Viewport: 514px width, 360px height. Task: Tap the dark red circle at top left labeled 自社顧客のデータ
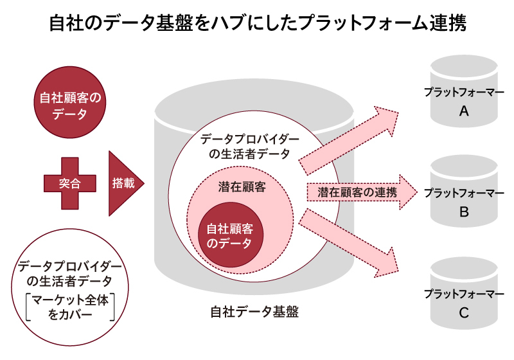click(x=70, y=105)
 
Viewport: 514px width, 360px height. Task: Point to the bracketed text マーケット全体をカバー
click(x=70, y=307)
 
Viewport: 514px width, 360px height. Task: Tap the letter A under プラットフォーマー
click(x=464, y=111)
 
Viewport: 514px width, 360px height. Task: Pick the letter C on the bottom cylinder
click(x=464, y=313)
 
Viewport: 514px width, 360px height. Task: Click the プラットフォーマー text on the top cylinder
click(x=464, y=92)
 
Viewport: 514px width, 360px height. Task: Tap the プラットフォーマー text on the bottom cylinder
click(x=464, y=294)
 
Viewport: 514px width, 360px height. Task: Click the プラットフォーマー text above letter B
click(x=464, y=192)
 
